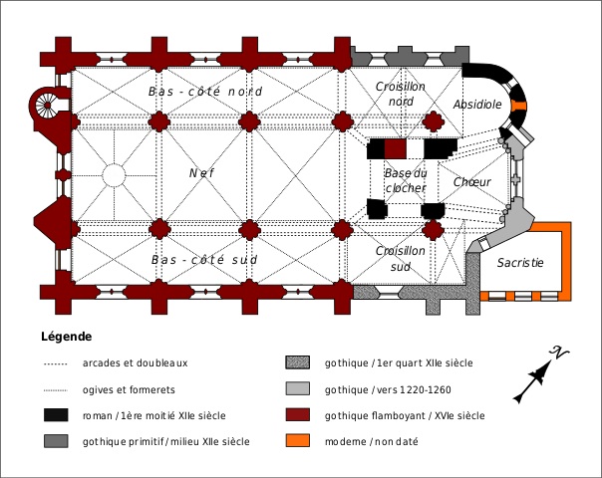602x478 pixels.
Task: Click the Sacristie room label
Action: tap(520, 263)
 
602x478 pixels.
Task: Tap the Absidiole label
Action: tap(477, 105)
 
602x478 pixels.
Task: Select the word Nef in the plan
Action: tap(202, 173)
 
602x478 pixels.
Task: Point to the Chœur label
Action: tap(471, 182)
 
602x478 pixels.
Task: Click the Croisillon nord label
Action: tap(401, 94)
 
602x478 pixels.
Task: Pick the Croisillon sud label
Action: tap(401, 259)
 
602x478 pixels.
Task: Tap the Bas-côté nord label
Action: tap(205, 92)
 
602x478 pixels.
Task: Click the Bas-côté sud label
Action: tap(204, 260)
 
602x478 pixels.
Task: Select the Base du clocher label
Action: tap(406, 180)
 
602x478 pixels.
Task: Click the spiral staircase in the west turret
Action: tap(47, 106)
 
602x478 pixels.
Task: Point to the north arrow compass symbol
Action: tap(541, 375)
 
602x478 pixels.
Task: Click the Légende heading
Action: tap(67, 337)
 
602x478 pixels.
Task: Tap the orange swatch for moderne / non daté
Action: tap(298, 441)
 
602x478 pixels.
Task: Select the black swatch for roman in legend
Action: tap(56, 415)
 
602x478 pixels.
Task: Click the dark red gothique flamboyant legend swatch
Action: tap(298, 415)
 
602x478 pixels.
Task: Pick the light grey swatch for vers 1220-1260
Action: tap(298, 388)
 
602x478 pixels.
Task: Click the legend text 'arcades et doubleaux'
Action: tap(135, 362)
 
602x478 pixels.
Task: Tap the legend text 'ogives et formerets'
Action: tap(129, 389)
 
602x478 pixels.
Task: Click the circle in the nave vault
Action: tap(114, 175)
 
